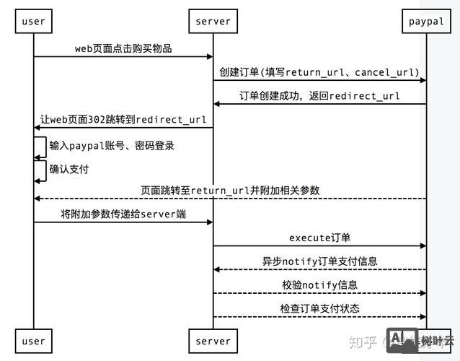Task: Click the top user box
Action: pyautogui.click(x=33, y=21)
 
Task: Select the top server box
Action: pyautogui.click(x=213, y=21)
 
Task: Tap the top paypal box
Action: pyautogui.click(x=426, y=21)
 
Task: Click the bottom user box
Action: pyautogui.click(x=33, y=341)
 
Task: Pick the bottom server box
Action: pyautogui.click(x=213, y=341)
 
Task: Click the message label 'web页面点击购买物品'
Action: pyautogui.click(x=123, y=48)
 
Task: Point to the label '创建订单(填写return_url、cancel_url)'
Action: pyautogui.click(x=319, y=72)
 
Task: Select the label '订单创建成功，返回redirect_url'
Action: pyautogui.click(x=319, y=96)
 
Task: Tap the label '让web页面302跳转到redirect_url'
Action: pyautogui.click(x=123, y=120)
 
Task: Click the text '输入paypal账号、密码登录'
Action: pyautogui.click(x=112, y=145)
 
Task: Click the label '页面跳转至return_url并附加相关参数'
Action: pyautogui.click(x=230, y=191)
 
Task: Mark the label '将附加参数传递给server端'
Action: pyautogui.click(x=123, y=214)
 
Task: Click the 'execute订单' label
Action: pyautogui.click(x=319, y=238)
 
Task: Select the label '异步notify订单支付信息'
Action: pyautogui.click(x=319, y=261)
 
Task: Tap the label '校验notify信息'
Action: pyautogui.click(x=319, y=285)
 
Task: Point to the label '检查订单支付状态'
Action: pyautogui.click(x=319, y=309)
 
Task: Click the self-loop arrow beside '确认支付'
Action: pyautogui.click(x=42, y=170)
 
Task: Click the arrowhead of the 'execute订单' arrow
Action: pyautogui.click(x=423, y=246)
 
